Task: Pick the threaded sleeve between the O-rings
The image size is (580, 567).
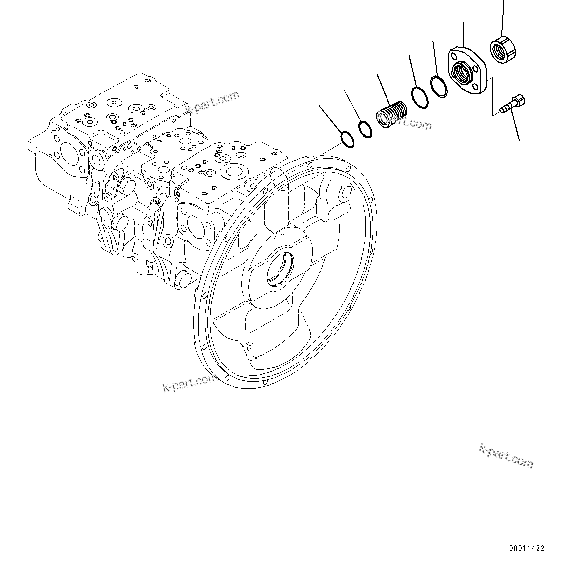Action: (391, 114)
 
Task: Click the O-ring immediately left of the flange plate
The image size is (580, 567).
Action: (439, 86)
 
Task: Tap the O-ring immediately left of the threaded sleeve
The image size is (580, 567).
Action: (366, 129)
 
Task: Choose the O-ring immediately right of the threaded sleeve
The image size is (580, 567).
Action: (419, 97)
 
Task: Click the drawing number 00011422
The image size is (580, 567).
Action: (526, 548)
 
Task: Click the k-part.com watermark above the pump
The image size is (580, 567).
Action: (212, 102)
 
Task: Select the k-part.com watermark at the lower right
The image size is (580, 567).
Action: (506, 456)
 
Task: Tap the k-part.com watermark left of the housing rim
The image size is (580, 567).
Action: (190, 382)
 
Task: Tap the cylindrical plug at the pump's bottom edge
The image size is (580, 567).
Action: (183, 279)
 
